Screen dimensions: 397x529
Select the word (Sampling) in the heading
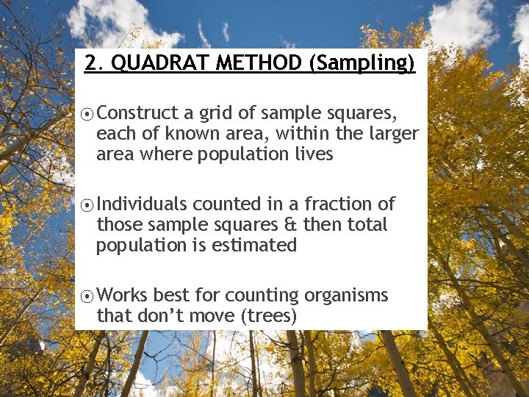coord(362,63)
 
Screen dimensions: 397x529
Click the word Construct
coord(137,113)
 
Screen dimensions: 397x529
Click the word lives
coord(312,154)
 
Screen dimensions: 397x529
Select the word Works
coord(122,296)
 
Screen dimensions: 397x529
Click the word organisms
coord(346,296)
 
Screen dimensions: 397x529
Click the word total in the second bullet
coord(365,224)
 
